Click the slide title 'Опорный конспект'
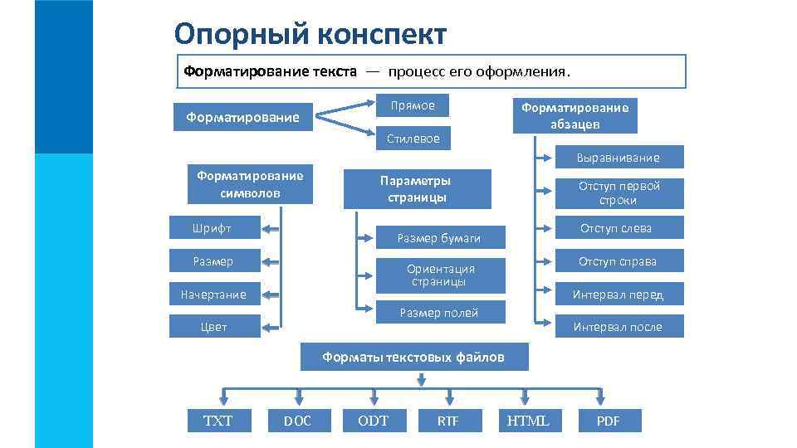[310, 34]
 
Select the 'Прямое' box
[413, 105]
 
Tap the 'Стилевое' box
[413, 138]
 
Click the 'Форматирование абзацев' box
[575, 115]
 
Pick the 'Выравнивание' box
[619, 158]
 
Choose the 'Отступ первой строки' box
[619, 193]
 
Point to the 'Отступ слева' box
[619, 228]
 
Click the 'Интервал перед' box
[619, 295]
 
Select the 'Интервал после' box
[619, 327]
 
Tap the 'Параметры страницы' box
[418, 189]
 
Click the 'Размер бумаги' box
[439, 238]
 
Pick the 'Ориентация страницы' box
[441, 275]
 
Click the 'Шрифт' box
[213, 228]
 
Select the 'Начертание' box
[213, 295]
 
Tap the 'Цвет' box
[213, 327]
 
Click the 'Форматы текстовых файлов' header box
[413, 358]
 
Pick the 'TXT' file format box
[218, 421]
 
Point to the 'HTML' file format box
[528, 421]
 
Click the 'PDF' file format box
[609, 421]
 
